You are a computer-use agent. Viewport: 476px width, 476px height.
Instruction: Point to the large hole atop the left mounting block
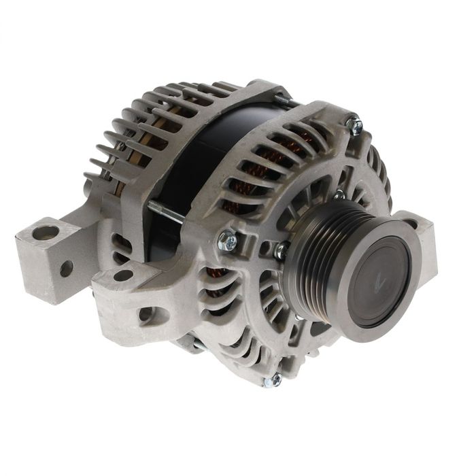[x=46, y=233]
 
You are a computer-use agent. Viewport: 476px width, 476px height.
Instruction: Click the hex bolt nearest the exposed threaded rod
[x=227, y=240]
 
